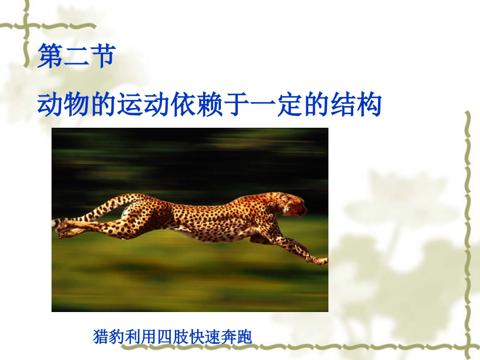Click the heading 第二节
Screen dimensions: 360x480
[x=77, y=56]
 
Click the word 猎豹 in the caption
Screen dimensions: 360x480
[x=106, y=336]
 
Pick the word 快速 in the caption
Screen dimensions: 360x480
[x=205, y=336]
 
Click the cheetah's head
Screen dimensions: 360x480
[x=292, y=204]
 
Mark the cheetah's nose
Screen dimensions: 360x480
[x=306, y=207]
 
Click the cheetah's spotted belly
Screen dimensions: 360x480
[x=212, y=230]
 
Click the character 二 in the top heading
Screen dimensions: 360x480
[x=77, y=56]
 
